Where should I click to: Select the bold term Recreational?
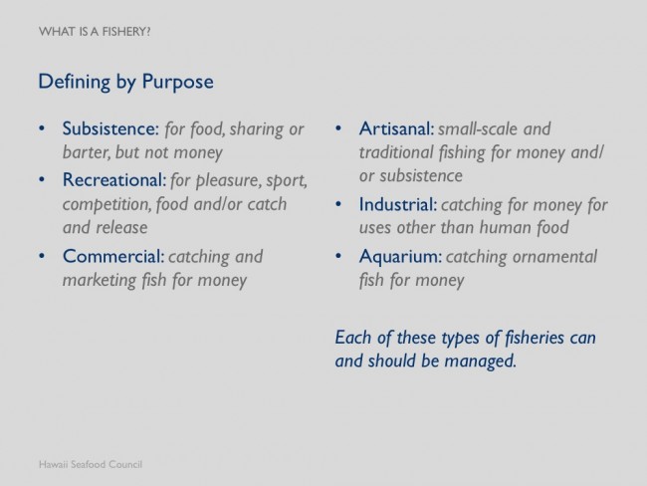click(x=114, y=179)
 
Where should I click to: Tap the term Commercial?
click(x=113, y=256)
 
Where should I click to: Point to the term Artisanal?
click(x=396, y=128)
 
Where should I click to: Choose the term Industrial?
click(x=398, y=204)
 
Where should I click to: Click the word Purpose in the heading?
click(x=178, y=82)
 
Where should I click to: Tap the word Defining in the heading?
click(x=75, y=82)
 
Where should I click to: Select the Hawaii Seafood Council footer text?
click(x=91, y=464)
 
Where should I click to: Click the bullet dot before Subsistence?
click(x=42, y=128)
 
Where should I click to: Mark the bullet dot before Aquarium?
click(x=338, y=256)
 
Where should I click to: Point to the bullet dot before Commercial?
click(x=42, y=256)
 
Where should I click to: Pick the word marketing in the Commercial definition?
click(x=100, y=281)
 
